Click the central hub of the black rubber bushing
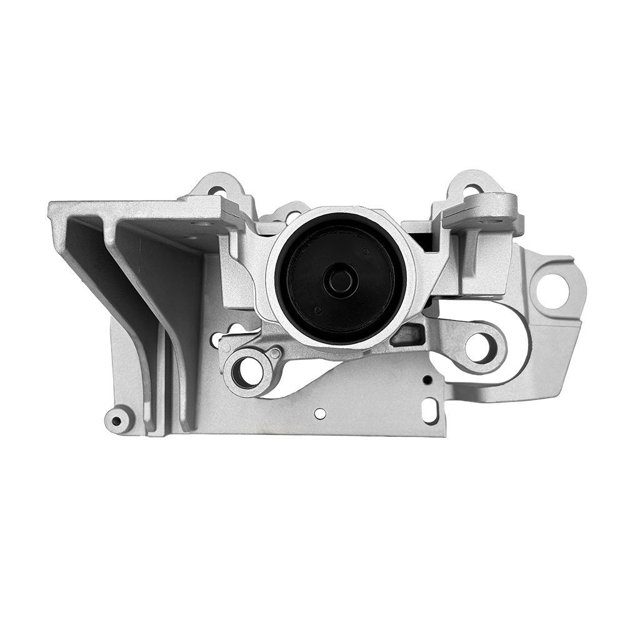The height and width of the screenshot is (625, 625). tap(341, 280)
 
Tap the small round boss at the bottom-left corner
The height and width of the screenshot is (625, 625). tap(117, 419)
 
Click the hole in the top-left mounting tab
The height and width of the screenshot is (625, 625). tap(216, 189)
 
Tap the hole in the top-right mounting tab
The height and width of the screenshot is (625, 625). tap(473, 189)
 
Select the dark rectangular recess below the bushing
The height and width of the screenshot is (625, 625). tap(407, 334)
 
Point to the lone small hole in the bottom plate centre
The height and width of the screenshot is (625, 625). tap(320, 413)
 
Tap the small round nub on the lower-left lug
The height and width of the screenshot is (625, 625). tap(274, 354)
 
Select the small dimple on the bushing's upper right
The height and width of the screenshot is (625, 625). tap(364, 252)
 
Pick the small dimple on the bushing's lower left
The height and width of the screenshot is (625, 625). tap(317, 310)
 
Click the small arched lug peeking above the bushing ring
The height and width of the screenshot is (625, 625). tap(289, 212)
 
